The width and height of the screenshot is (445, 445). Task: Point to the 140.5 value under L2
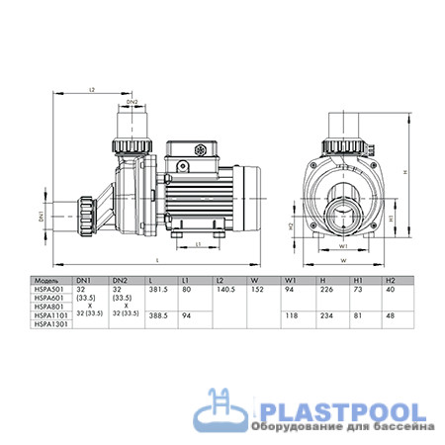coord(227,290)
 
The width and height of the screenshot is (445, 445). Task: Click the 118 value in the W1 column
coord(292,316)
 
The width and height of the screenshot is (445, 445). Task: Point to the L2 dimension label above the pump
coord(90,89)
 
